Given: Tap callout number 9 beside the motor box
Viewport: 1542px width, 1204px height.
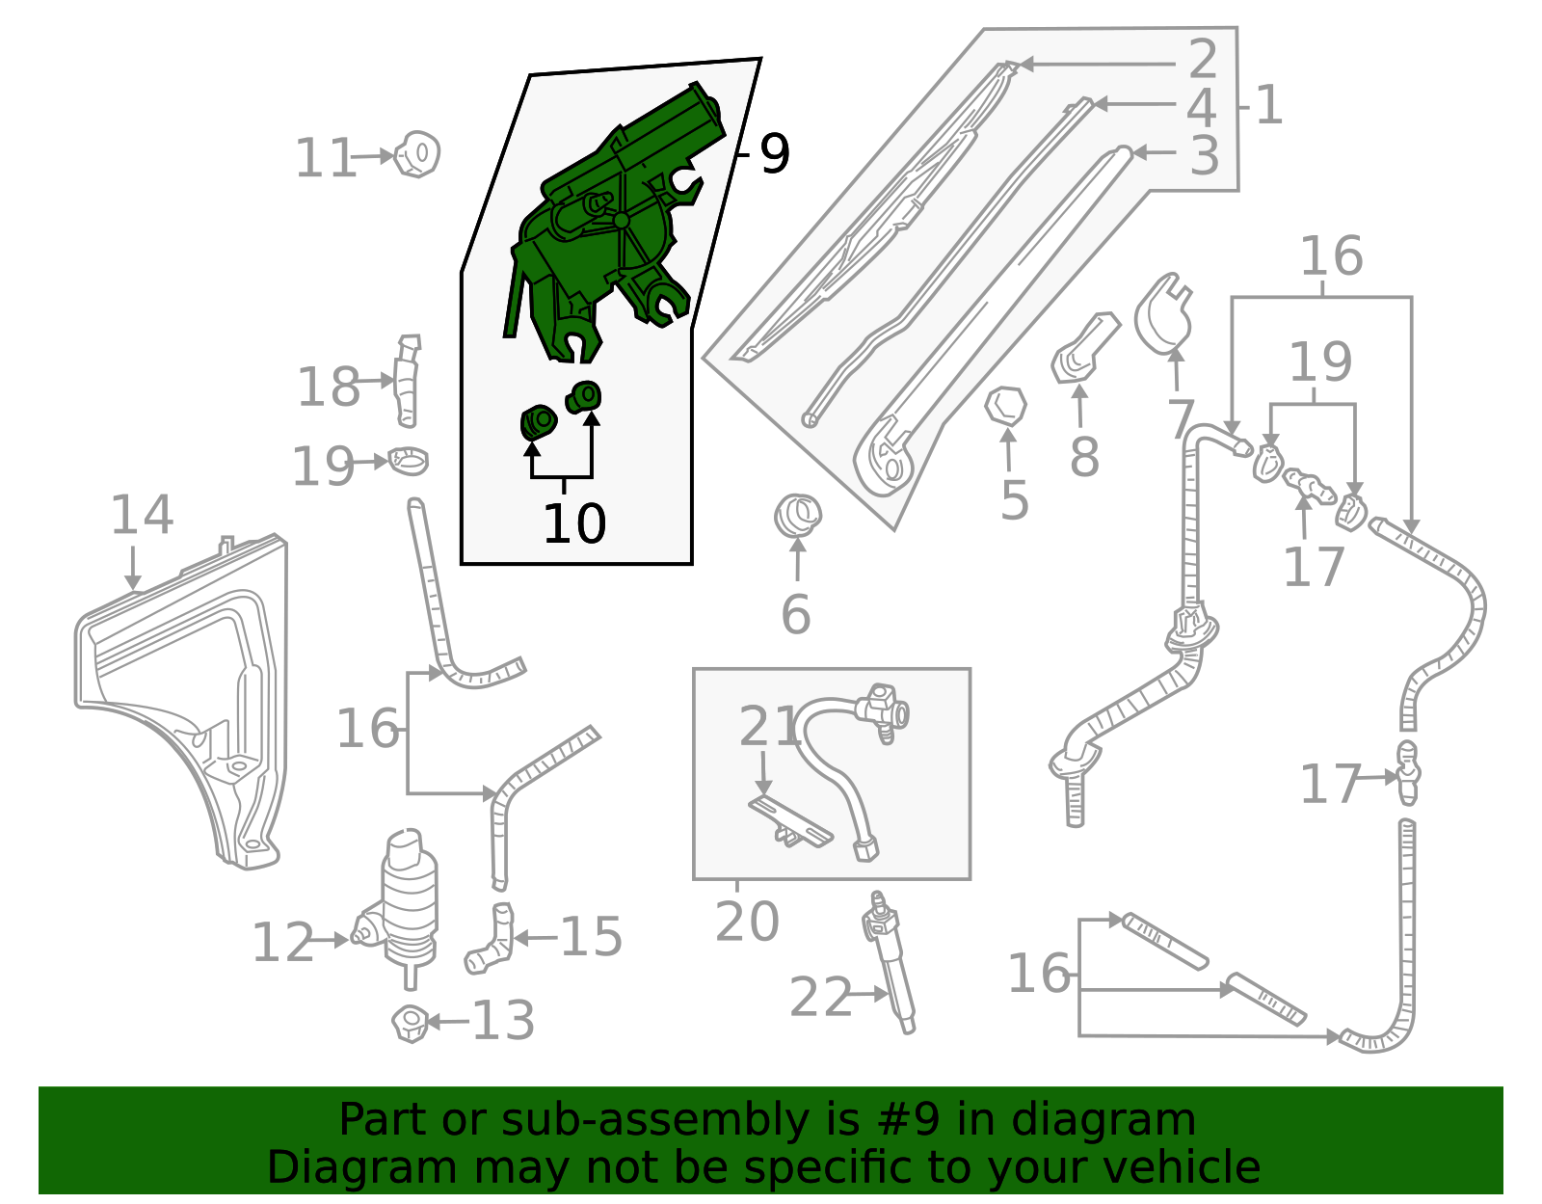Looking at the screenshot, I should (774, 154).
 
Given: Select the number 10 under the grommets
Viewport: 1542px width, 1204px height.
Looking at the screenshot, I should (574, 524).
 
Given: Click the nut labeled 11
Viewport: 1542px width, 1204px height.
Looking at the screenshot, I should (418, 154).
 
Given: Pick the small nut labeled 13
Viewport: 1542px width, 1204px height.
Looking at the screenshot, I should (411, 1022).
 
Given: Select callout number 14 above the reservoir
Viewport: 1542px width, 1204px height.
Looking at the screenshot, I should (142, 515).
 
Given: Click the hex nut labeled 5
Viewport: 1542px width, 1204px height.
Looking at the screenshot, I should (1005, 407).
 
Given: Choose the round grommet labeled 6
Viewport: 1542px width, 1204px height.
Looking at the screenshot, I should (797, 516).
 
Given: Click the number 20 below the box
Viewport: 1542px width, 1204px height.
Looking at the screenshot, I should (747, 923).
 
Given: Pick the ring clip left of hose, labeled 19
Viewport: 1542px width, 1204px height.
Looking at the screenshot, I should (409, 461).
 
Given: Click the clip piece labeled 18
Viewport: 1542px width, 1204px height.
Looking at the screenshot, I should (407, 381).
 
